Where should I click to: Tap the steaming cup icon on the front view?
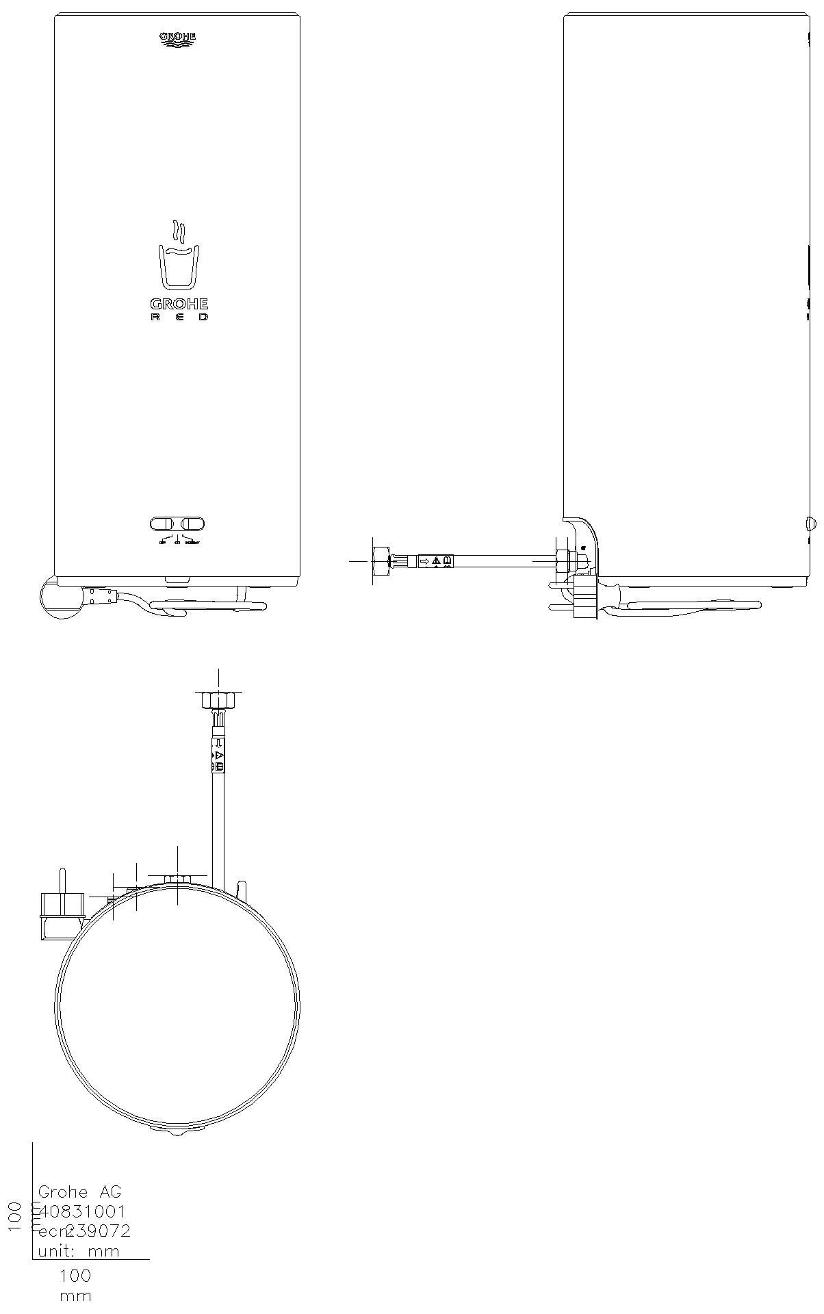(x=178, y=257)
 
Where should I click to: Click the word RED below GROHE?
(x=179, y=318)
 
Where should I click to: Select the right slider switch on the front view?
(x=192, y=524)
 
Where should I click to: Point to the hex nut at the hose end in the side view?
(x=380, y=561)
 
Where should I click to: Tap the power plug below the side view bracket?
(x=584, y=597)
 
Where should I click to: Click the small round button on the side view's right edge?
(x=811, y=524)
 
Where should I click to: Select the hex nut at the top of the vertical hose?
(x=218, y=701)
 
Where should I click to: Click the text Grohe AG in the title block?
(x=79, y=1191)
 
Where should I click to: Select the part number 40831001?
(x=83, y=1211)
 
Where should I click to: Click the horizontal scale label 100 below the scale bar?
(x=75, y=1276)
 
